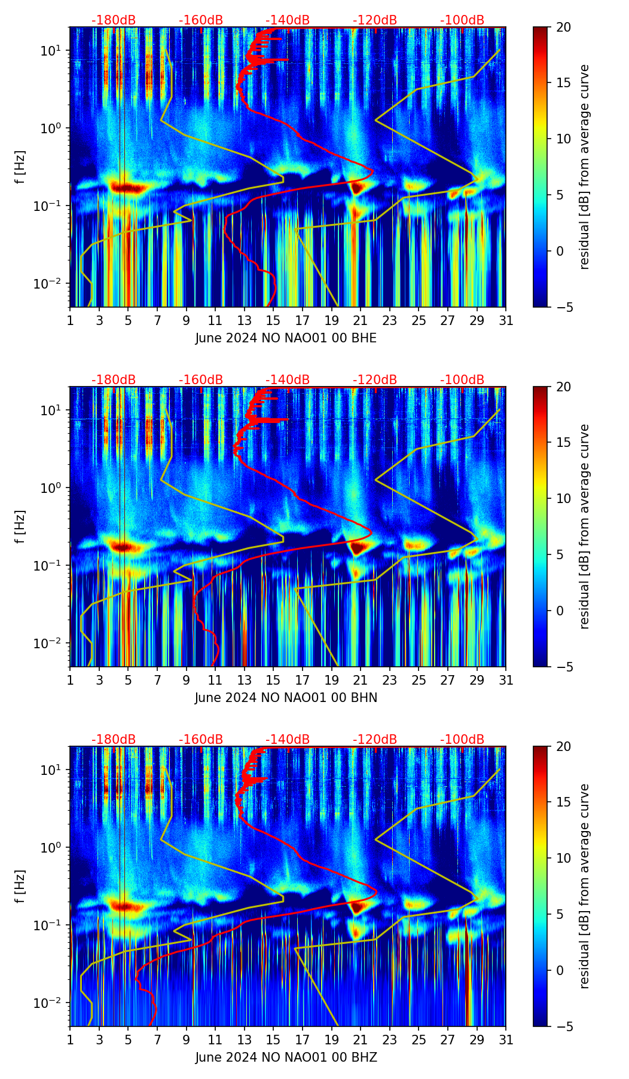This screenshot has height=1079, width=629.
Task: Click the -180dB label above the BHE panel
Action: pyautogui.click(x=114, y=20)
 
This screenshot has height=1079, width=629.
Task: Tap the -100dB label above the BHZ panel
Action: pyautogui.click(x=462, y=740)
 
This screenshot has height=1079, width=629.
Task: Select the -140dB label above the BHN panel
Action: pyautogui.click(x=288, y=380)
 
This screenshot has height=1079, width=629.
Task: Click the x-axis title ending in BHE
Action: pyautogui.click(x=286, y=338)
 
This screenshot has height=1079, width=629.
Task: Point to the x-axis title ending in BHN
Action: pyautogui.click(x=286, y=698)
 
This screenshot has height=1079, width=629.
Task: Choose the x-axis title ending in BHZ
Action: pyautogui.click(x=286, y=1057)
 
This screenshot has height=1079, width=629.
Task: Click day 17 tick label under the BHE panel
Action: pyautogui.click(x=303, y=321)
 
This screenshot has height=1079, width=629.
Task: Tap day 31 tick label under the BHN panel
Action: pyautogui.click(x=506, y=680)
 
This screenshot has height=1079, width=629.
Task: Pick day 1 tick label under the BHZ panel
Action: pyautogui.click(x=70, y=1040)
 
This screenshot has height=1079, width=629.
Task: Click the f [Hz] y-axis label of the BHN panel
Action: pyautogui.click(x=20, y=526)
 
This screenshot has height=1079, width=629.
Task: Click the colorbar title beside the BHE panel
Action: pyautogui.click(x=584, y=167)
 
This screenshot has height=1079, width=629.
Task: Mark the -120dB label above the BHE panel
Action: pyautogui.click(x=375, y=20)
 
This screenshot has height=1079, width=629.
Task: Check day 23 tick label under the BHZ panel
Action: pyautogui.click(x=390, y=1040)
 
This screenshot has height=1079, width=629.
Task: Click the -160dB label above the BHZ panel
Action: pyautogui.click(x=201, y=740)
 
